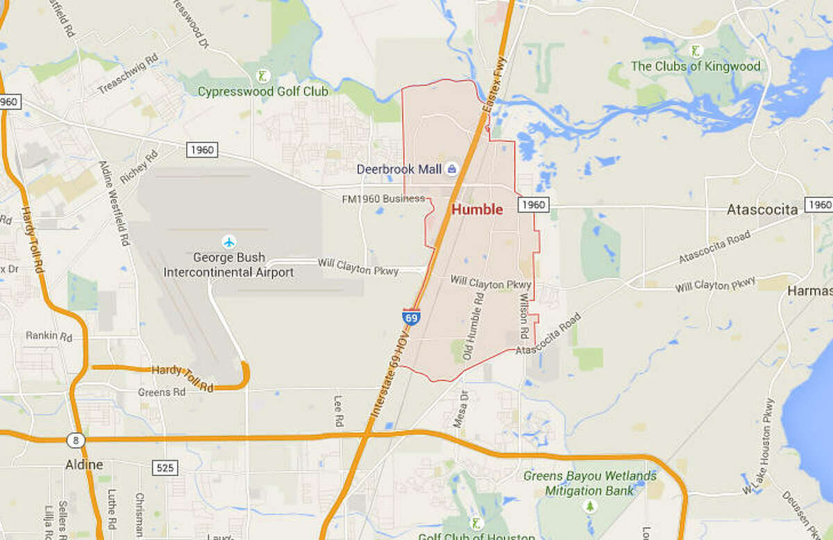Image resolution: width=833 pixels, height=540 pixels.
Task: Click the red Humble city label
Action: (477, 209)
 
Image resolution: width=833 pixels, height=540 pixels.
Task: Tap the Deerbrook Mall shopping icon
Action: (452, 168)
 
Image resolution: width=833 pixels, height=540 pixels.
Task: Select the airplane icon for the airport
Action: (228, 242)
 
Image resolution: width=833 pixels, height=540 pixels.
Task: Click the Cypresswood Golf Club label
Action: (262, 91)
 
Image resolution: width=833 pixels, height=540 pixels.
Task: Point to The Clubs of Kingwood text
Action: (695, 67)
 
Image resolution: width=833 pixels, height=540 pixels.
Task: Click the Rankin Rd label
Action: (49, 336)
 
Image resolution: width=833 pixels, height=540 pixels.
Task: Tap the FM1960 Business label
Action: (382, 199)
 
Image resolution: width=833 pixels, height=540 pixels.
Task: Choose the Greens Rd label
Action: (162, 392)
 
